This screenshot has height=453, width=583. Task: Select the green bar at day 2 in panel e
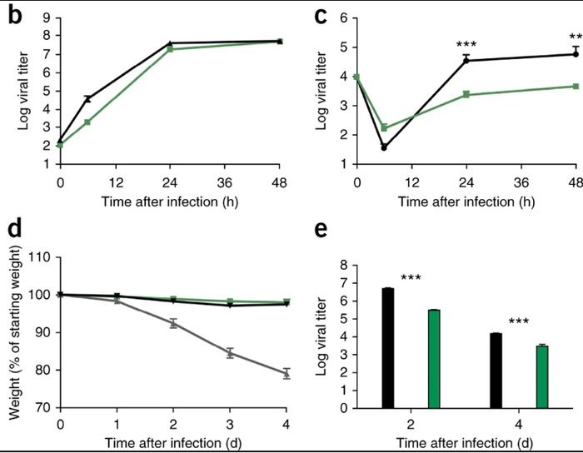pos(433,359)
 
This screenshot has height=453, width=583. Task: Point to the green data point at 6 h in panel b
pos(87,122)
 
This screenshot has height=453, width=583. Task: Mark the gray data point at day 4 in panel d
pos(286,374)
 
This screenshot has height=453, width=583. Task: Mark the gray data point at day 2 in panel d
pos(173,323)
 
